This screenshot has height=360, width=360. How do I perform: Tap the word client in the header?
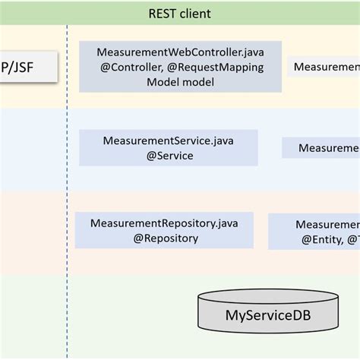195,14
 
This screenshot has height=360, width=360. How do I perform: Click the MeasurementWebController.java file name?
180,52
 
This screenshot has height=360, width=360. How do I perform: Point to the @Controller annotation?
126,67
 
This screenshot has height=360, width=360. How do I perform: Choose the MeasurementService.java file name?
169,141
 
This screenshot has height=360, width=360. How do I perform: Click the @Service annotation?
169,156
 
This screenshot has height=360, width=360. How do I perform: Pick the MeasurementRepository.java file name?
164,223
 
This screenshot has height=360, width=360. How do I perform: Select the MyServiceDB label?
268,315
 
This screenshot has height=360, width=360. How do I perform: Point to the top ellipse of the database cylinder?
268,296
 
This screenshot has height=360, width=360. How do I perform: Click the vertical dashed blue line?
67,190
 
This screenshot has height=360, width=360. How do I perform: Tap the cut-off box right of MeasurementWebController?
325,68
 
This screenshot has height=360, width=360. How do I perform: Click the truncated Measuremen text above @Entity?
327,225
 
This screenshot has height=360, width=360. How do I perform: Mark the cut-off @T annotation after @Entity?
353,240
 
